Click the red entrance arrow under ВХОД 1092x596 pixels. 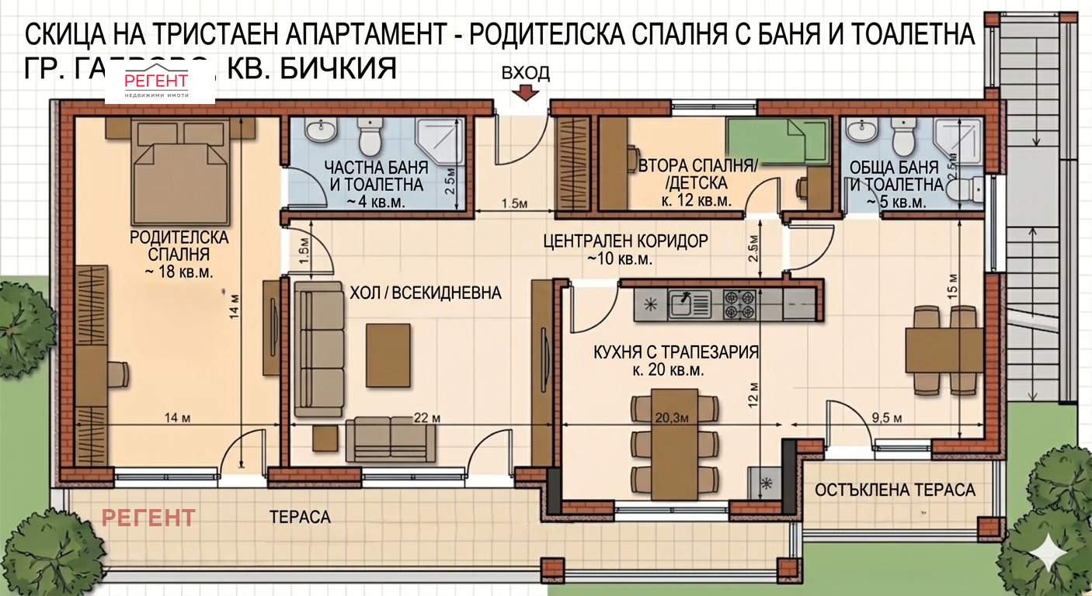coord(526,93)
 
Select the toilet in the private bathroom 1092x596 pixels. coord(370,137)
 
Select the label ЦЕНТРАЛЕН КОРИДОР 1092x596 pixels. coord(625,241)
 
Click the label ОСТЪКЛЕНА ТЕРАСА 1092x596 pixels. coord(895,490)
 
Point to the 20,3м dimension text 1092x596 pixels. coord(671,418)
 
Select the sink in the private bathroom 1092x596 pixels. coord(319,130)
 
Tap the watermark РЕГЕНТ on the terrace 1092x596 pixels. coord(149,517)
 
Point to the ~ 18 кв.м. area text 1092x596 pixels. coord(179,272)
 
